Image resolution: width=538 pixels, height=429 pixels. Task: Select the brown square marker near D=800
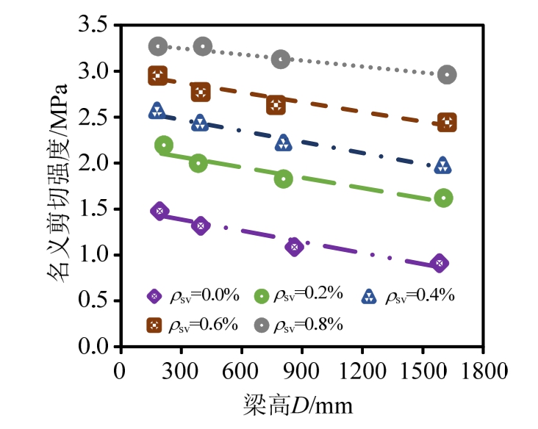coord(276,105)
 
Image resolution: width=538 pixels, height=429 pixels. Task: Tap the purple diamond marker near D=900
coord(294,247)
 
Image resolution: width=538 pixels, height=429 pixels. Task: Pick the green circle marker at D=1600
coord(444,198)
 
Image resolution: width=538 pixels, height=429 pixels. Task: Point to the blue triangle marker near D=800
coord(283,143)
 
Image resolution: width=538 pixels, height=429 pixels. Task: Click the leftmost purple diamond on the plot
coord(159,212)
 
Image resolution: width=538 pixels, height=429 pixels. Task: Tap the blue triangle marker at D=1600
coord(442,166)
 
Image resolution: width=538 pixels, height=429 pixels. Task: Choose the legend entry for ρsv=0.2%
coord(299,295)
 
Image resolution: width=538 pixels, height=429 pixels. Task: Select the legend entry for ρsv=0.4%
coord(408,296)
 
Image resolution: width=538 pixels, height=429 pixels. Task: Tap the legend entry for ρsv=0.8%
coord(299,325)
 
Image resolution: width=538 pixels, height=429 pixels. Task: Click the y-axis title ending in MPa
coord(59,184)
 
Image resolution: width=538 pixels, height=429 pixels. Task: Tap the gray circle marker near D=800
coord(280,59)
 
